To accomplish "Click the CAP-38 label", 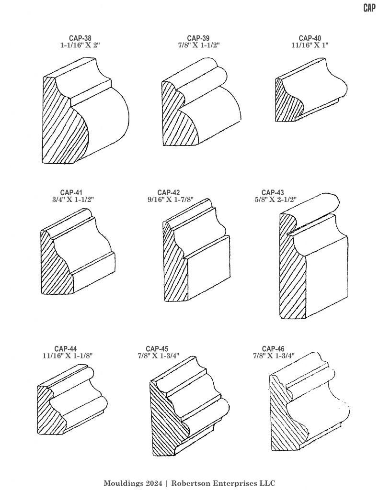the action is (x=80, y=38).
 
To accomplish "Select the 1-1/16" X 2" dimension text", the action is (x=80, y=45).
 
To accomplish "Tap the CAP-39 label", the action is (x=198, y=38).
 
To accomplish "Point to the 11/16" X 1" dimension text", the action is (x=310, y=45).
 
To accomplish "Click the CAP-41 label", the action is (x=71, y=192).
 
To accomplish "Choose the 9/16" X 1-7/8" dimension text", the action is (x=171, y=200).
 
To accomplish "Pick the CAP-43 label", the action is (x=273, y=192).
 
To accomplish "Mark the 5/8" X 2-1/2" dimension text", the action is (x=276, y=200).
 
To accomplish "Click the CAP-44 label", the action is (x=66, y=348).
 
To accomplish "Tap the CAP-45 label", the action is (x=157, y=348).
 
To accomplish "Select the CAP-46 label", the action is (x=273, y=348).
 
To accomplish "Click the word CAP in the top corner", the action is (x=369, y=8).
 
